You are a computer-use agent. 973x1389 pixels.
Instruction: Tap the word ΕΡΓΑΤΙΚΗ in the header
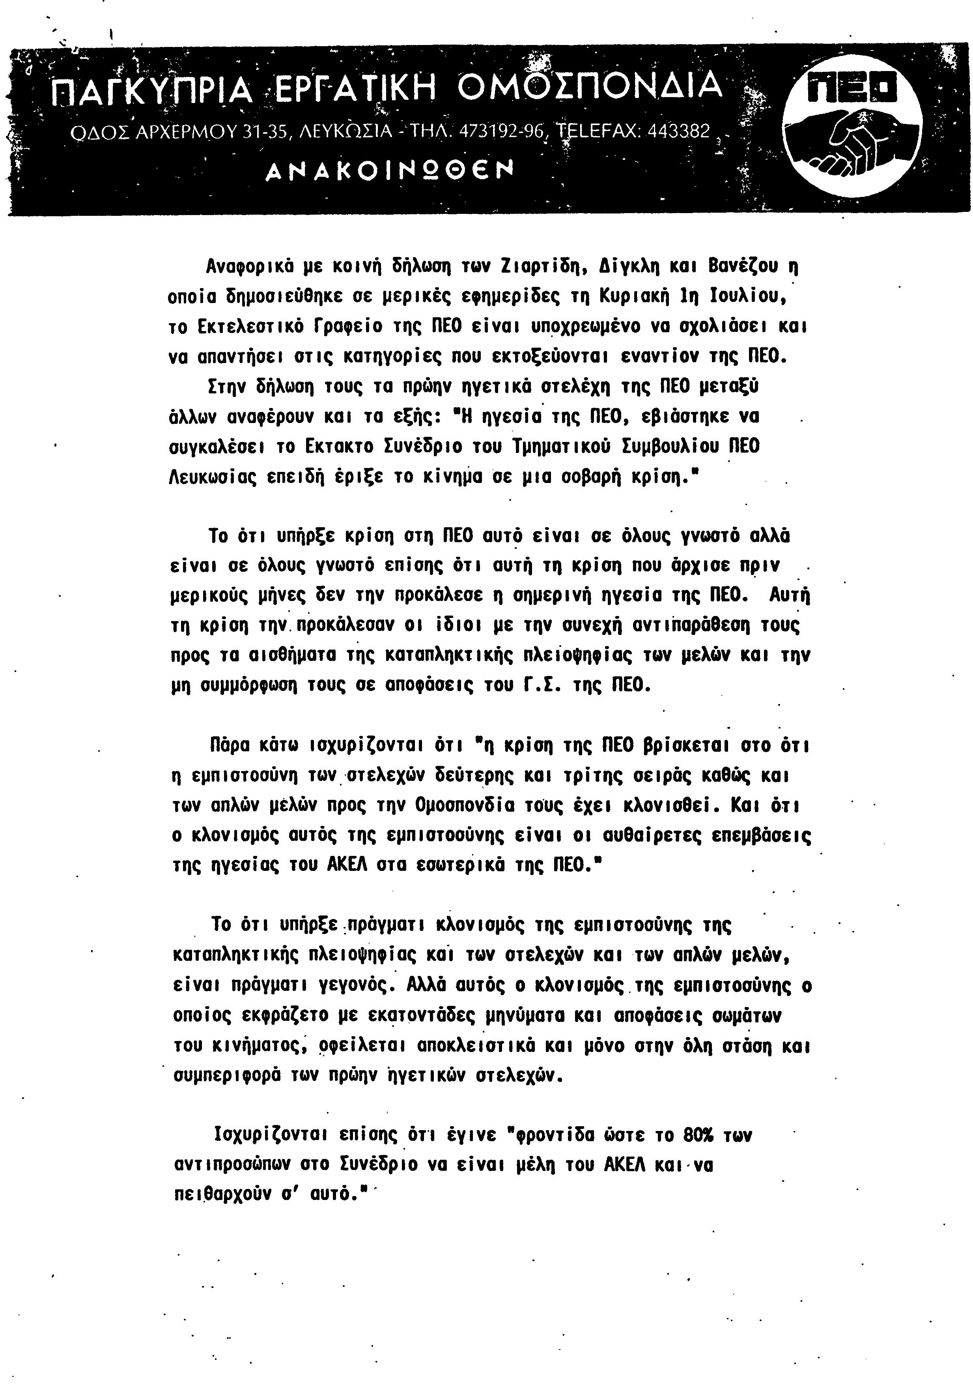(x=356, y=88)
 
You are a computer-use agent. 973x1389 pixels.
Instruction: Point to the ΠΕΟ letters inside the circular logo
(x=853, y=91)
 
